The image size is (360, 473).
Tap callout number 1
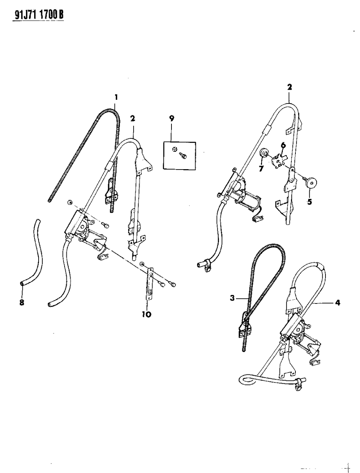(x=116, y=97)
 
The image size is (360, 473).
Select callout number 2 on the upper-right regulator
(x=289, y=87)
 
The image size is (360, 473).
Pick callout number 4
(x=337, y=303)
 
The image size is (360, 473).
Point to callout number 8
(x=22, y=303)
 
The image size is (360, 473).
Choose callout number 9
(x=171, y=119)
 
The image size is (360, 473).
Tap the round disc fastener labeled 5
(x=314, y=182)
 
